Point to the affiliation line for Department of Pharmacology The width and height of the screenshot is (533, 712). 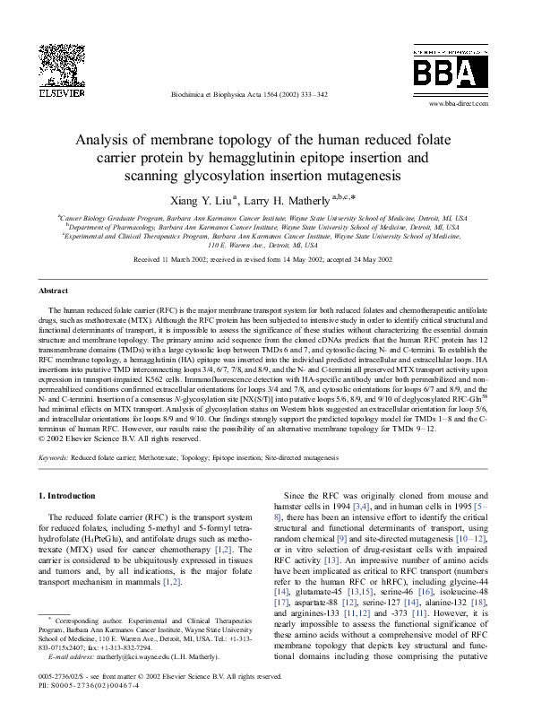pyautogui.click(x=266, y=228)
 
